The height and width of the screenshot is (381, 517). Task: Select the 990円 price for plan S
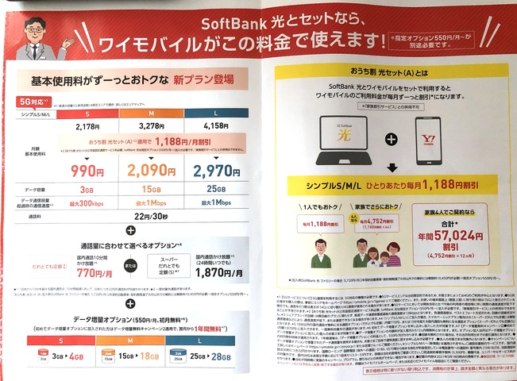click(x=87, y=170)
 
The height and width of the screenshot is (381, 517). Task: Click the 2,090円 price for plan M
click(x=151, y=170)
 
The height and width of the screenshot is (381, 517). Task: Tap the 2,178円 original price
click(x=87, y=126)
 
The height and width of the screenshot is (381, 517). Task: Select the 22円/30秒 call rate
click(x=150, y=217)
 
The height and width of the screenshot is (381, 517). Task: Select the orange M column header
click(x=151, y=114)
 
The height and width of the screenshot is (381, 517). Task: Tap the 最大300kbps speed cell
click(x=87, y=204)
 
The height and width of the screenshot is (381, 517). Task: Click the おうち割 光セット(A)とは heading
click(x=387, y=71)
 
